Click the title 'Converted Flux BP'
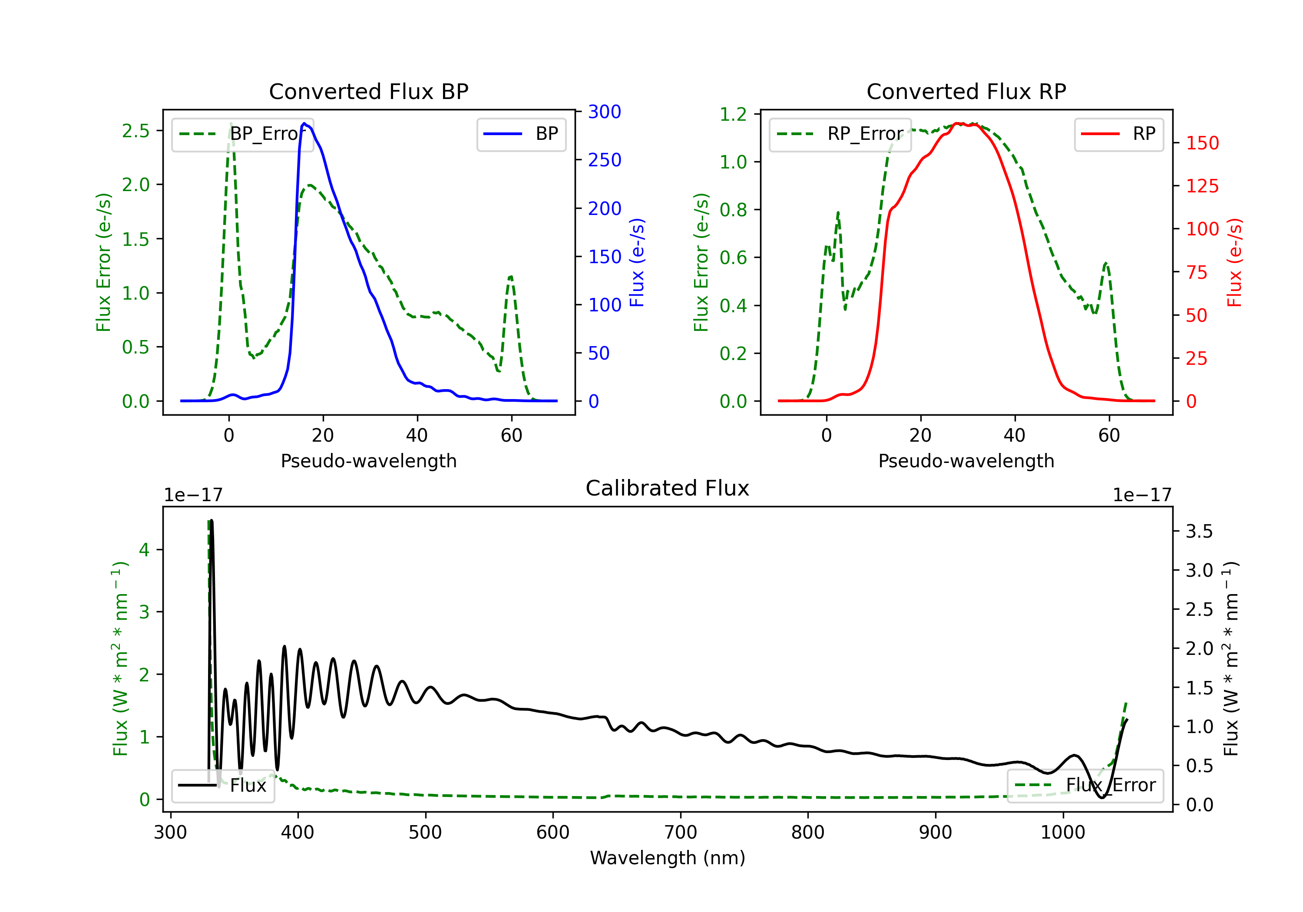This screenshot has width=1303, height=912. (368, 91)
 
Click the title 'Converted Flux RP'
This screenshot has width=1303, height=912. (966, 91)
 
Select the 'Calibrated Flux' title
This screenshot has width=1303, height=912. (668, 488)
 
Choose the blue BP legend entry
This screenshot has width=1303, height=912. (521, 134)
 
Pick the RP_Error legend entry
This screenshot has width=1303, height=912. (840, 134)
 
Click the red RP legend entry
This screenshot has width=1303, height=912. (1118, 134)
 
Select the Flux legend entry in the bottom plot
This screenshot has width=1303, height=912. (222, 786)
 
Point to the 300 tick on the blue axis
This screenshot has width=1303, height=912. (605, 112)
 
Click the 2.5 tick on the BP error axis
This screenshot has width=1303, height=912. (136, 131)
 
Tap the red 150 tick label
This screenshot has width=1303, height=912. (1202, 143)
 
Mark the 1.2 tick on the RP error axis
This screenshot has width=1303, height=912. (733, 114)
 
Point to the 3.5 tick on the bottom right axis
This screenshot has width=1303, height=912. (1199, 532)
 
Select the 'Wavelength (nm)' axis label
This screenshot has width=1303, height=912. (668, 858)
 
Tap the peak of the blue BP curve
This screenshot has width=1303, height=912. (304, 123)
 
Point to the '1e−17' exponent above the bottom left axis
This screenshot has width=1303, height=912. (194, 496)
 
